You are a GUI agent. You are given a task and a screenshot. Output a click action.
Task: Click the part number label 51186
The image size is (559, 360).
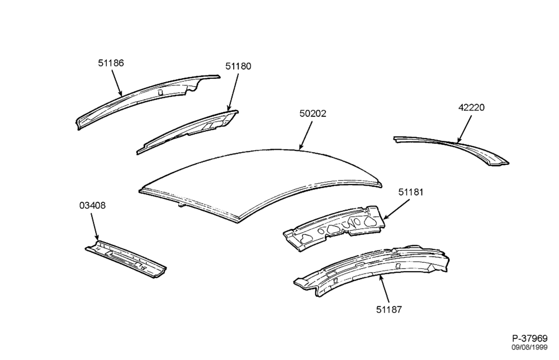click(x=111, y=63)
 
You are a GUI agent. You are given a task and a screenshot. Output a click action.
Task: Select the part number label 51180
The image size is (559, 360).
click(x=238, y=67)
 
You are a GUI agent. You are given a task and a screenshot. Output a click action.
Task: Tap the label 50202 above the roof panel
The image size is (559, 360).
click(x=312, y=113)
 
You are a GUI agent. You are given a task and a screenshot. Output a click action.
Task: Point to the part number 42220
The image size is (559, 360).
click(x=471, y=108)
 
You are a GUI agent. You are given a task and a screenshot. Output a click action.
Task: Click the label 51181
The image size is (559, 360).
click(x=411, y=192)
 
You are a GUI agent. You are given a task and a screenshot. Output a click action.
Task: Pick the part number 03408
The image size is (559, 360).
click(x=92, y=206)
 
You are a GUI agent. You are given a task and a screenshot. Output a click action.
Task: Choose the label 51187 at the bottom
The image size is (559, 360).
click(x=389, y=309)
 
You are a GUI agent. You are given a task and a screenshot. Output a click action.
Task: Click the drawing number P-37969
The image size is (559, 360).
click(x=530, y=338)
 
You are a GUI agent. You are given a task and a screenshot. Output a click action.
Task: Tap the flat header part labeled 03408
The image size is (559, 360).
click(x=125, y=259)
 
